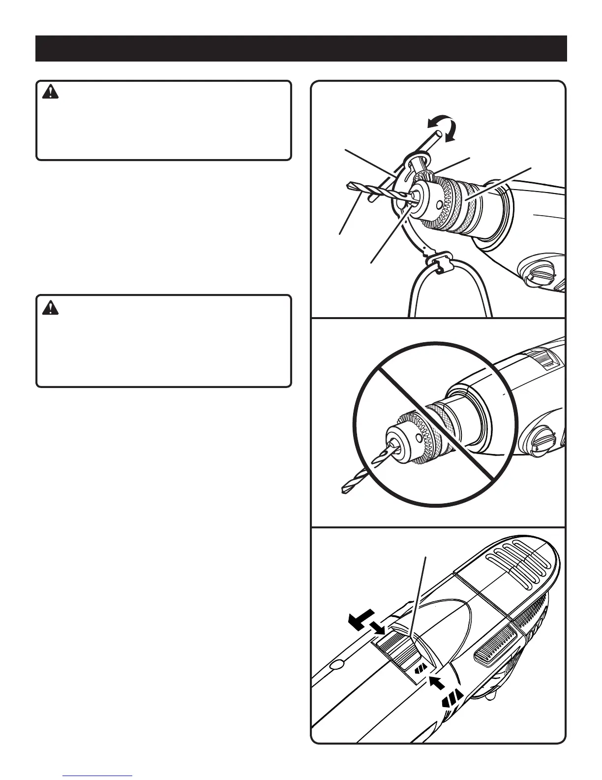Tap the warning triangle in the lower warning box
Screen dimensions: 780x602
pos(51,307)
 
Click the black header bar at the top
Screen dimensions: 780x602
pos(301,48)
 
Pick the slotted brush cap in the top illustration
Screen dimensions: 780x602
pos(541,274)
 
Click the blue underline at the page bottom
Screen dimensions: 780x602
pos(98,776)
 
